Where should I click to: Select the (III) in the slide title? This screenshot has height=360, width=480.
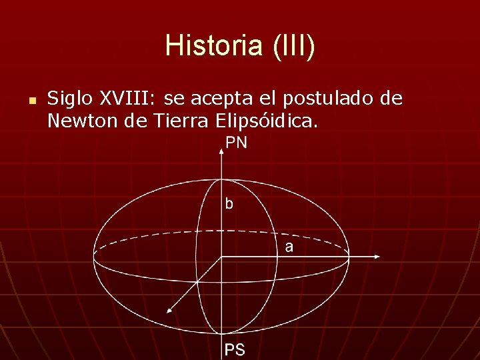tap(291, 46)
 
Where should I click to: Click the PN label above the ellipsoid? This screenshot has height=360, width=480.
tap(235, 143)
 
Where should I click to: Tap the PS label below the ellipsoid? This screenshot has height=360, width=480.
tap(234, 349)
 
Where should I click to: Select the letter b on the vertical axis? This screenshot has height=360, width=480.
tap(229, 204)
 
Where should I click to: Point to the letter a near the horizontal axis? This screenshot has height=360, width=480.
tap(289, 247)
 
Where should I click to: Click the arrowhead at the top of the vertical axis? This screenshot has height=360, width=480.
tap(221, 151)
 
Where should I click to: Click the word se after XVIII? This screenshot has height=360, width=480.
tap(173, 99)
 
